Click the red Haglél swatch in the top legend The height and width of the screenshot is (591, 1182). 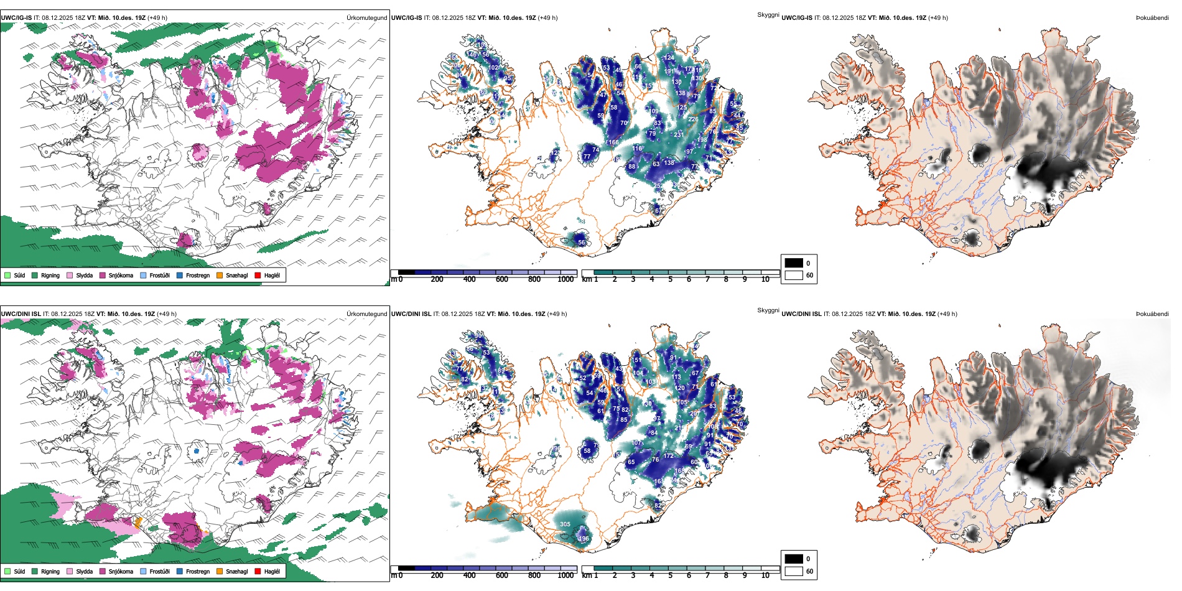click(x=258, y=275)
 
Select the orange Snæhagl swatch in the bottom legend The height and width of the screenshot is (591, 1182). click(x=220, y=571)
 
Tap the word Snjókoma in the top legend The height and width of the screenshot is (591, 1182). click(x=121, y=275)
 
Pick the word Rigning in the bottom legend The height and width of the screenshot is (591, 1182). click(x=50, y=571)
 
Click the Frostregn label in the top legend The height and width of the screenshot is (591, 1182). click(x=198, y=275)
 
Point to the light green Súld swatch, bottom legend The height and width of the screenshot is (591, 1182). click(x=7, y=571)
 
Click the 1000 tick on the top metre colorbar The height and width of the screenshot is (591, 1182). click(x=565, y=279)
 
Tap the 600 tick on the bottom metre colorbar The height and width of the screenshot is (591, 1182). click(x=502, y=575)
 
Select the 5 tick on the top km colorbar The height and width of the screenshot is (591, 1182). click(x=670, y=279)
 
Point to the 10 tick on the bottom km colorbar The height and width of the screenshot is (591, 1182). click(x=765, y=575)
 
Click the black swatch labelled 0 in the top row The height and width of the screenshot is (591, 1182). click(x=794, y=263)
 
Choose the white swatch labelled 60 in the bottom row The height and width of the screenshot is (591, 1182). click(x=794, y=571)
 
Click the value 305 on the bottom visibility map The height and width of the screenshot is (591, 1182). click(x=565, y=524)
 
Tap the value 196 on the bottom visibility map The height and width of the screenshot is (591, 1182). click(x=584, y=539)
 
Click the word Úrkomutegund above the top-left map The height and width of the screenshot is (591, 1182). click(x=366, y=17)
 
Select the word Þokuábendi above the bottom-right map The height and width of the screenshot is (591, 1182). click(x=1152, y=314)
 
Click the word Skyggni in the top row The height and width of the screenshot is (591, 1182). click(x=768, y=14)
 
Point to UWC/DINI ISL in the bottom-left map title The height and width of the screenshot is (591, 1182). click(x=21, y=314)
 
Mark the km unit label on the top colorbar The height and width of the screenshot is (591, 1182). click(x=586, y=279)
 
